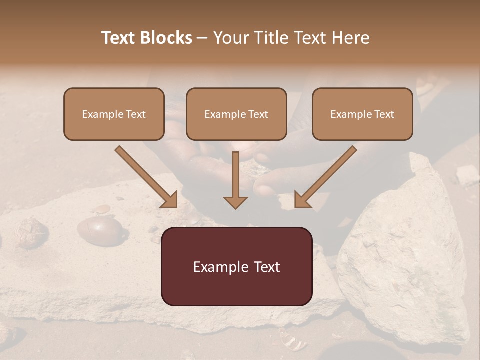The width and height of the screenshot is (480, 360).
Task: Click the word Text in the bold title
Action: click(118, 38)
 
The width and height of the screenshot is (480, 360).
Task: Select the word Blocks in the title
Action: click(166, 38)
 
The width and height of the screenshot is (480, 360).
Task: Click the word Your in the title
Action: click(231, 38)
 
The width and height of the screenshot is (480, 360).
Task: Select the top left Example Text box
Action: click(114, 114)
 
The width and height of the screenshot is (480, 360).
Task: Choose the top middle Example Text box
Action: click(236, 114)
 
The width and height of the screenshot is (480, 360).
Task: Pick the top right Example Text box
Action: click(362, 114)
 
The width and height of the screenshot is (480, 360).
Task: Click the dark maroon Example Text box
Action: click(236, 266)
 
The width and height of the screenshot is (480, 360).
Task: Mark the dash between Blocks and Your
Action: click(202, 38)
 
